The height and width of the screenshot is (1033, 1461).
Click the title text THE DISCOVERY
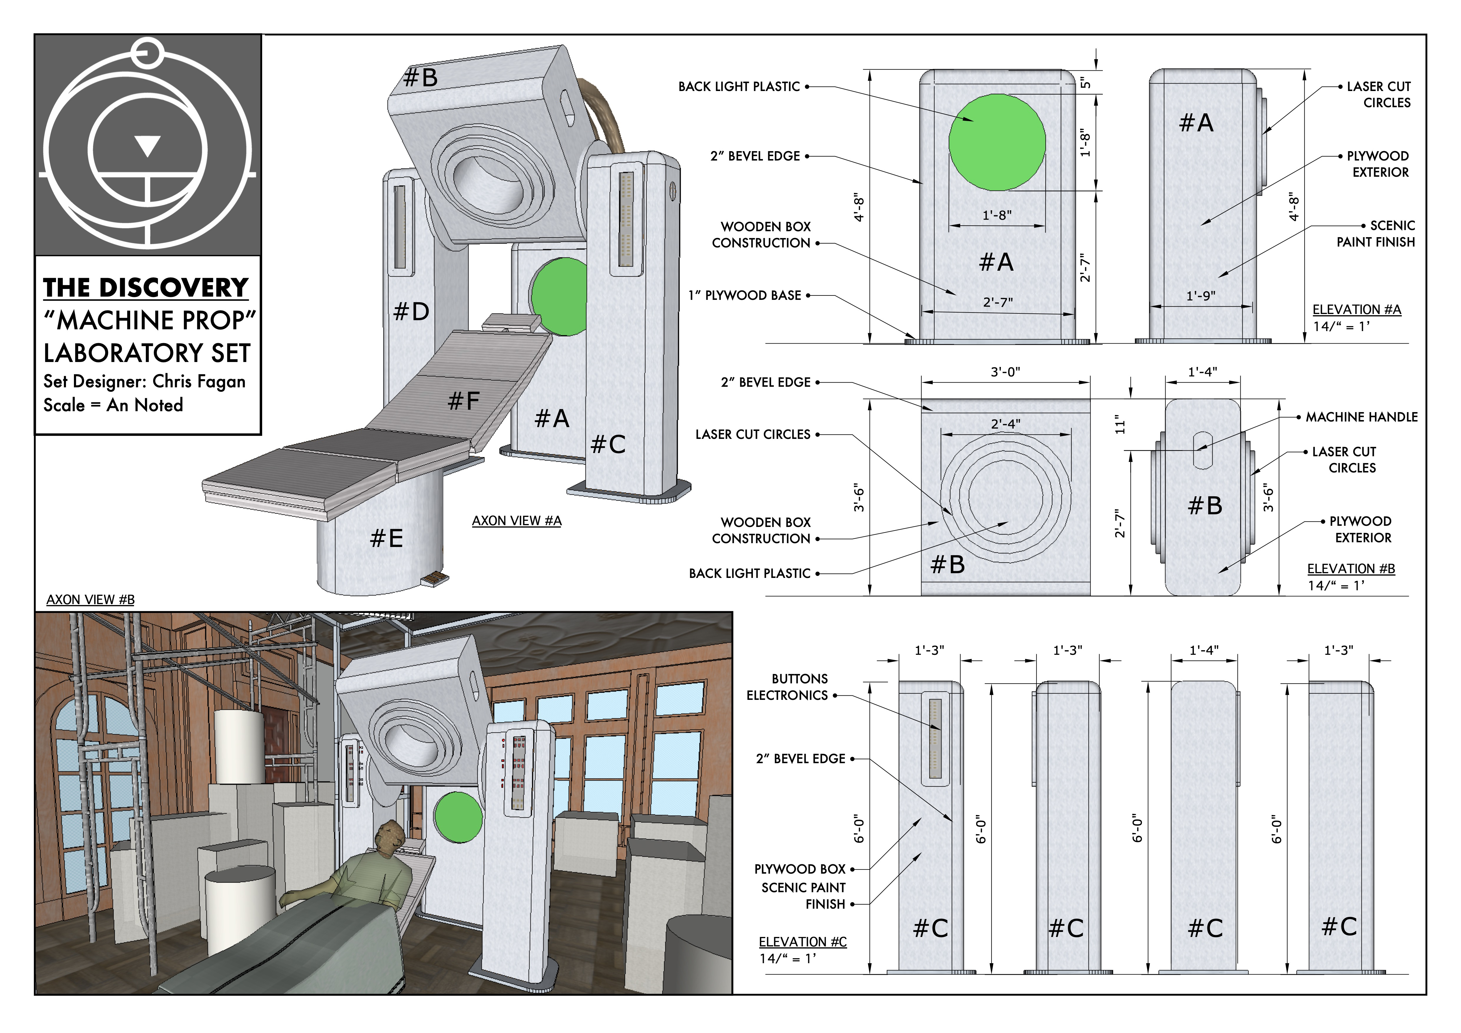(x=146, y=288)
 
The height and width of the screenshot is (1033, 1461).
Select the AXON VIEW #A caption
(x=517, y=521)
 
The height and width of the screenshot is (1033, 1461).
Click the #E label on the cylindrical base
(x=386, y=538)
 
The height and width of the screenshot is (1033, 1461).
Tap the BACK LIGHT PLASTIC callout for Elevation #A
(x=739, y=87)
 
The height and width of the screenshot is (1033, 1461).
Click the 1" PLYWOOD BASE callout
(x=745, y=295)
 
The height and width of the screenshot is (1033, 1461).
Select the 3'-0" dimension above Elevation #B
(x=1005, y=372)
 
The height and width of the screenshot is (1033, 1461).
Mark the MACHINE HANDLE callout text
(x=1362, y=417)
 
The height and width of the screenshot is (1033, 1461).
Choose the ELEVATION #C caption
(x=802, y=942)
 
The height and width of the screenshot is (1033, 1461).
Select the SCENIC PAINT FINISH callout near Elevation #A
(x=1376, y=234)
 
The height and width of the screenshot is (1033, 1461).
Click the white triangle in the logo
(x=148, y=146)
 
